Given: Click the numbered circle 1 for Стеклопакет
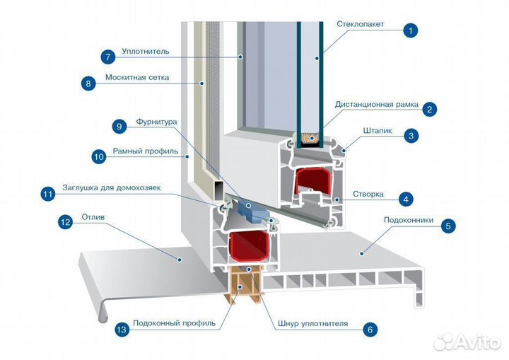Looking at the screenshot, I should click(411, 30).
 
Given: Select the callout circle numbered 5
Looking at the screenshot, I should click(447, 226).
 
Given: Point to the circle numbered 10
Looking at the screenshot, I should click(99, 155).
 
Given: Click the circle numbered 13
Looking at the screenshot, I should click(121, 330).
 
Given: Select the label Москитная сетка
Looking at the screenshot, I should click(137, 78).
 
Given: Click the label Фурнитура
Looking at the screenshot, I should click(156, 122).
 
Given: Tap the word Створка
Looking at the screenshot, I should click(368, 193).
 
